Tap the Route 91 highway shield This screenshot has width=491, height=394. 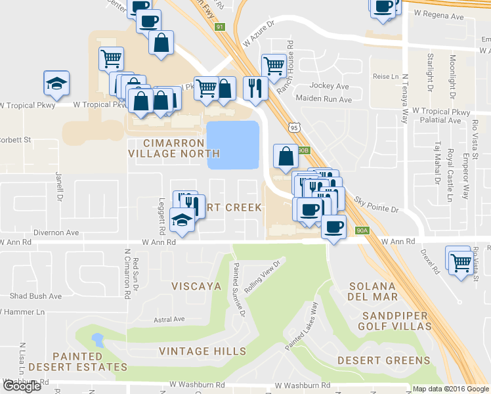point(220,27)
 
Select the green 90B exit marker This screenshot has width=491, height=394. point(303,150)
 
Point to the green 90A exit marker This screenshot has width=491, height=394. point(362,230)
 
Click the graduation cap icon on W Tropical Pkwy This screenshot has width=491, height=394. point(56,84)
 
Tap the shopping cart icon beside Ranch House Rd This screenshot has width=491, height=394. point(274,65)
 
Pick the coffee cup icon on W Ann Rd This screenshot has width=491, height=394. point(333,227)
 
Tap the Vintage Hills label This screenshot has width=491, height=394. point(202,351)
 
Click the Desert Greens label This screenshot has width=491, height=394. point(384,361)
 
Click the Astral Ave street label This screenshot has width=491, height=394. point(169,320)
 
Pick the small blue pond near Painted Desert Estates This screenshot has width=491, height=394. point(98,339)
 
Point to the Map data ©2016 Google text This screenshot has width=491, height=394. point(450,389)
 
